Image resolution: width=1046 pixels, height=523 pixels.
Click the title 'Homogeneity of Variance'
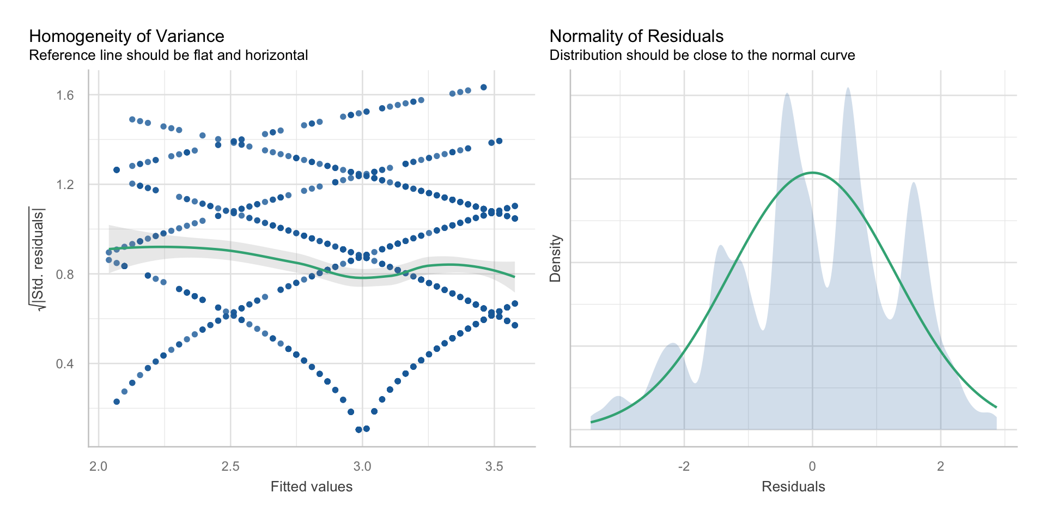point(126,36)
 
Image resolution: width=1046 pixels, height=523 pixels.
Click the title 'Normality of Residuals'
point(636,36)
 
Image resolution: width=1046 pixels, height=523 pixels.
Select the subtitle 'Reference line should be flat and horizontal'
point(168,56)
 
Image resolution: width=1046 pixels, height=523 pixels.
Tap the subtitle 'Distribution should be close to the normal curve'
point(702,56)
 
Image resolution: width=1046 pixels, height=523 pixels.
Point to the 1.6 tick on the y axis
point(65,95)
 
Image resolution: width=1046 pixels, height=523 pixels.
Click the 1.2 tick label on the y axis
point(65,185)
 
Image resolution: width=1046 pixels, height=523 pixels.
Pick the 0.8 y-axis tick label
point(65,274)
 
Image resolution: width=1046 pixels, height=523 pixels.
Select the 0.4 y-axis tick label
point(65,363)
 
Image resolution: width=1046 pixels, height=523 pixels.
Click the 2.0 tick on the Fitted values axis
point(99,467)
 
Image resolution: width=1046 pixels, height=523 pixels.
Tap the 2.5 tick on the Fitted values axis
point(230,467)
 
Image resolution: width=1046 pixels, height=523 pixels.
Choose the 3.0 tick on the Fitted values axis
point(362,467)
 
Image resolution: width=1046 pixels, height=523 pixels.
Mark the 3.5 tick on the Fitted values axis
point(494,467)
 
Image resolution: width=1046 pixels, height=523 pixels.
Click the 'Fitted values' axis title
point(312,486)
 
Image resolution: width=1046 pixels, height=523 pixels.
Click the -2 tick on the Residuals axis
point(683,467)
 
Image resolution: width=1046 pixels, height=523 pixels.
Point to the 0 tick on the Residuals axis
point(812,467)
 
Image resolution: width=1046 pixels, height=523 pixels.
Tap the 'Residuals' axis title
point(793,486)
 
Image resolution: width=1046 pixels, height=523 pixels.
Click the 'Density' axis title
point(555,258)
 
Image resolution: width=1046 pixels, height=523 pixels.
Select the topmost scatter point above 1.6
point(483,87)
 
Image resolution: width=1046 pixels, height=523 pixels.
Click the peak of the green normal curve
point(812,173)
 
